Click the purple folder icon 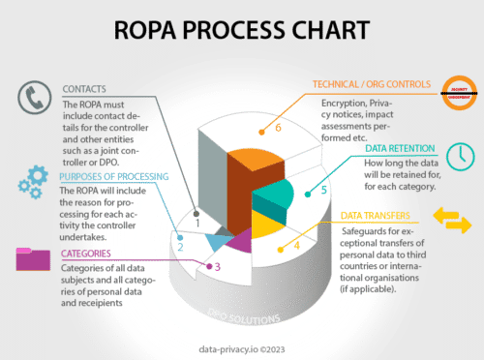coord(34,258)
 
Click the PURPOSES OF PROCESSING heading coord(113,177)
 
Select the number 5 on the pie coord(324,190)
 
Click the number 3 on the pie coord(218,265)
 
